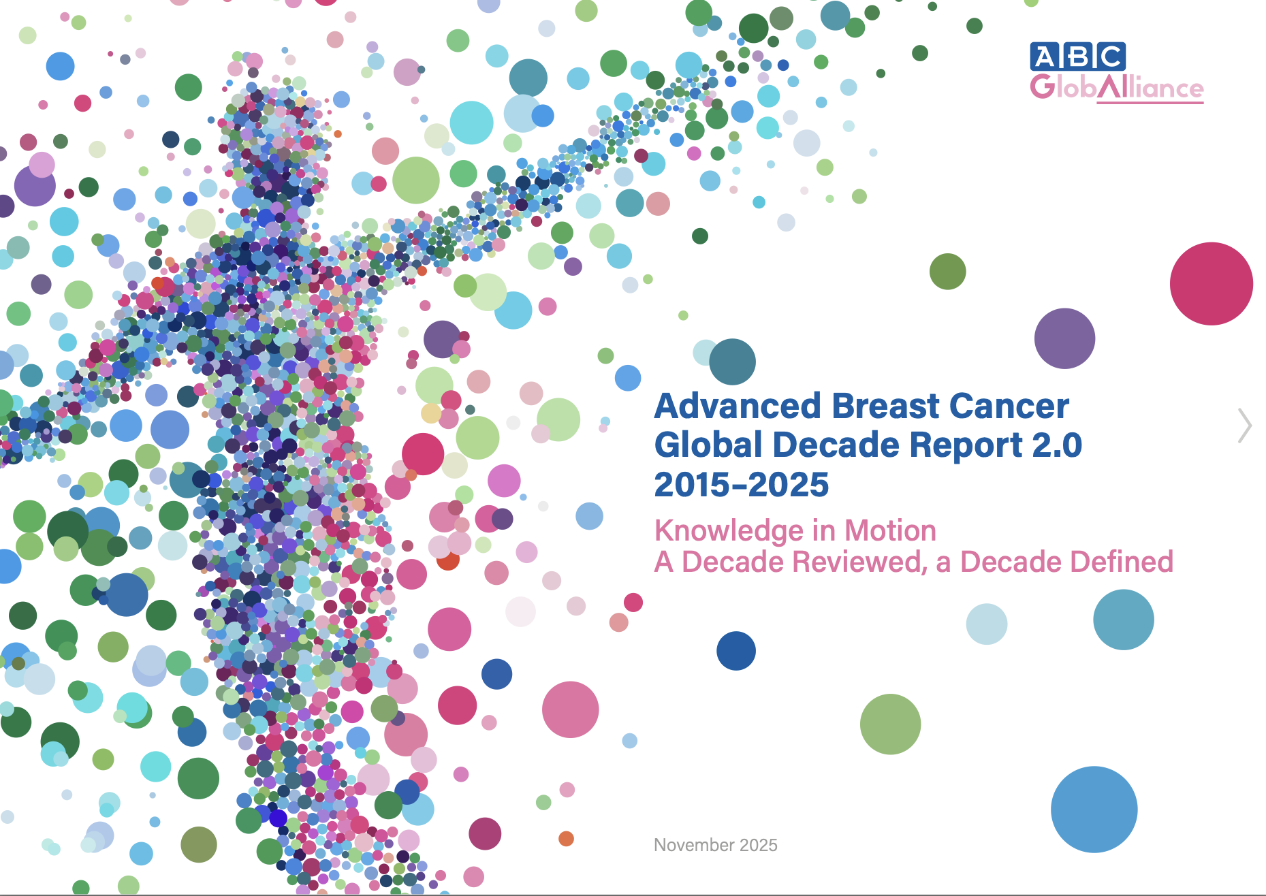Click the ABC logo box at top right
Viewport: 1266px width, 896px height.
click(1077, 57)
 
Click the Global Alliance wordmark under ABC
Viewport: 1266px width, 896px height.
click(1117, 88)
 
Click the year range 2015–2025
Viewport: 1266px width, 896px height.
click(742, 485)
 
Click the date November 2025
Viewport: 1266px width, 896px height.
click(716, 845)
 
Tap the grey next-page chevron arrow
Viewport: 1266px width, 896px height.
click(1246, 426)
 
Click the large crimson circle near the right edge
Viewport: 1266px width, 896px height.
click(1212, 284)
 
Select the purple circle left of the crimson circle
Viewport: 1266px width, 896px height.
click(1064, 338)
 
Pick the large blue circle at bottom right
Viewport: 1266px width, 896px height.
click(1094, 810)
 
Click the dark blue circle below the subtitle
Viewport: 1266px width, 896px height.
click(736, 651)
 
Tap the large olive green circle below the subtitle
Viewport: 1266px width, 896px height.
click(890, 724)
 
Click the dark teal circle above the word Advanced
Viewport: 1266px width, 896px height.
click(732, 362)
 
